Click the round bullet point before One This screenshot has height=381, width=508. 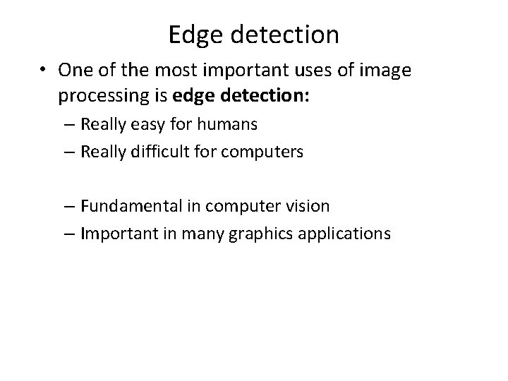[x=43, y=71]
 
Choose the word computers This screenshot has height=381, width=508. [x=265, y=152]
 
